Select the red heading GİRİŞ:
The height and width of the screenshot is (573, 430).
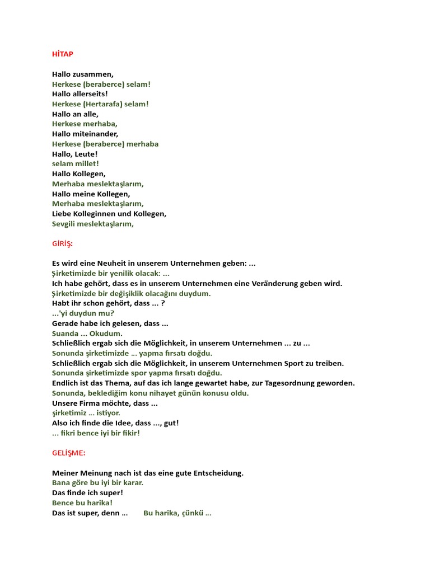click(62, 244)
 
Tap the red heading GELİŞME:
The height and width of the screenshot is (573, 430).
click(69, 453)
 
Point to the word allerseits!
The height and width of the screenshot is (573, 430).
click(89, 94)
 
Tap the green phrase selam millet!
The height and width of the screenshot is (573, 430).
click(75, 164)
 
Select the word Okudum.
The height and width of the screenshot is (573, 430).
click(106, 334)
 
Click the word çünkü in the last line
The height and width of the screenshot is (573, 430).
click(191, 513)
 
